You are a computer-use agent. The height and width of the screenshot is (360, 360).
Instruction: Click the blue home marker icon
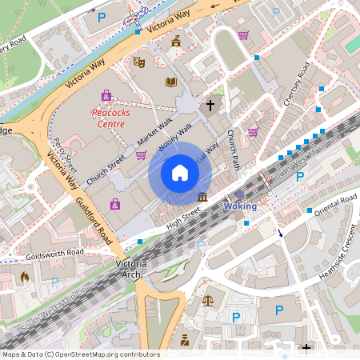(x=179, y=172)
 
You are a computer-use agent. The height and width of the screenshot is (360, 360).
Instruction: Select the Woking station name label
(x=240, y=206)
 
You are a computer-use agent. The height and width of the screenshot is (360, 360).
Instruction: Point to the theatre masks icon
(x=138, y=61)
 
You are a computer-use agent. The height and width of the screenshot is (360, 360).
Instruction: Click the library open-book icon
(x=170, y=82)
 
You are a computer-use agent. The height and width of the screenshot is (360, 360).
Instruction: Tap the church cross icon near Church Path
(x=210, y=105)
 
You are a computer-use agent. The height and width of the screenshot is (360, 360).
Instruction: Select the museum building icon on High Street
(x=202, y=197)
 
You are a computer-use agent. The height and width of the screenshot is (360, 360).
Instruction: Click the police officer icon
(x=185, y=340)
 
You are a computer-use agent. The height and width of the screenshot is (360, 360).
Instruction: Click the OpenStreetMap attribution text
(x=80, y=354)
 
